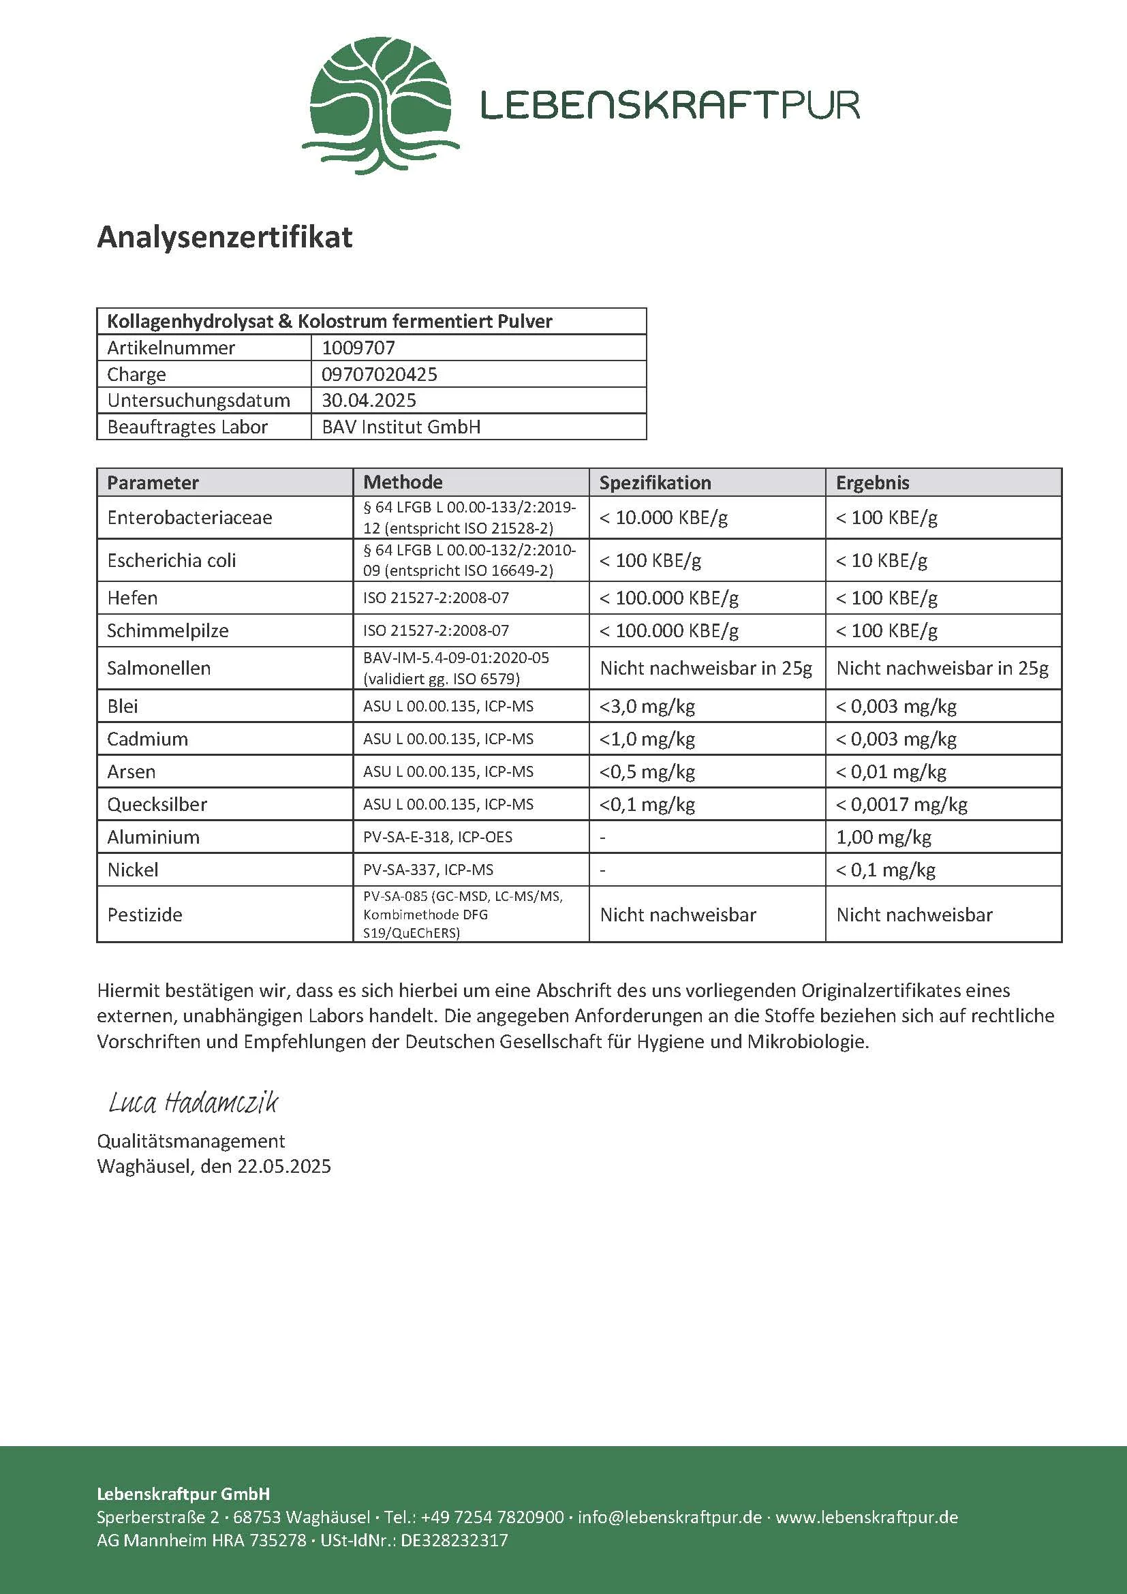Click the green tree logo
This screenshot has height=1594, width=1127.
click(380, 104)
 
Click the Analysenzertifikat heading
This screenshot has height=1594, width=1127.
click(224, 237)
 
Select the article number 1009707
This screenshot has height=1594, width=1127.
click(358, 348)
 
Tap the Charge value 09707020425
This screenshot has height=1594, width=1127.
click(379, 374)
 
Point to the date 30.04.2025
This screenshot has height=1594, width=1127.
click(369, 401)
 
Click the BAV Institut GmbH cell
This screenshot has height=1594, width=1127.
click(401, 427)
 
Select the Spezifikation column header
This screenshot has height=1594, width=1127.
click(654, 482)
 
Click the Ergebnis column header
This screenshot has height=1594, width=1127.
click(872, 482)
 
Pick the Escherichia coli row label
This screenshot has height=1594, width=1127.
click(172, 560)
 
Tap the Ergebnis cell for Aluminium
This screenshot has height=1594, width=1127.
click(884, 838)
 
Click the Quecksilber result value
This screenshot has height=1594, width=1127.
click(901, 805)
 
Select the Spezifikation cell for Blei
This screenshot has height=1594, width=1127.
click(647, 707)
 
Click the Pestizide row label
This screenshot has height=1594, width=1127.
click(144, 915)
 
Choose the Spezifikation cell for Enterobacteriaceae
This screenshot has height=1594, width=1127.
click(664, 518)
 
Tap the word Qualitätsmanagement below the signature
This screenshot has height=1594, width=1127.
click(191, 1141)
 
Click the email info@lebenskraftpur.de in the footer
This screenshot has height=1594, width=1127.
click(670, 1517)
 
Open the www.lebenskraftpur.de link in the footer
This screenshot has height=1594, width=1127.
click(867, 1517)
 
